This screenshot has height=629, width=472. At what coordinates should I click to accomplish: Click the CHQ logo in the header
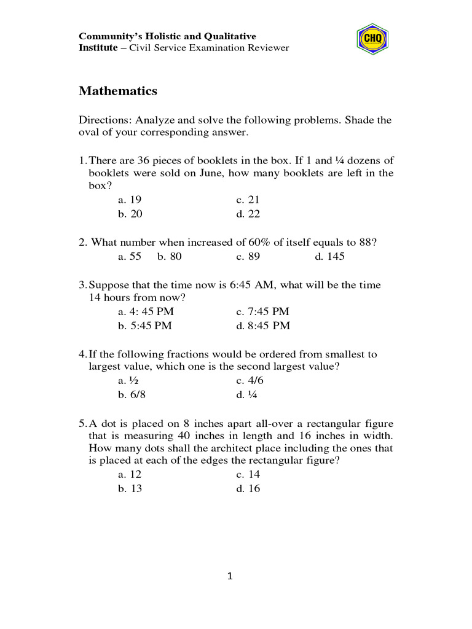372,39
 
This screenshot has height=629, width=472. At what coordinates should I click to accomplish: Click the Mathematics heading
118,91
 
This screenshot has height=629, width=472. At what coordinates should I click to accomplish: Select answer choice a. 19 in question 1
130,200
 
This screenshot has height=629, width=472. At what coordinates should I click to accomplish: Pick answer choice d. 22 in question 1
248,214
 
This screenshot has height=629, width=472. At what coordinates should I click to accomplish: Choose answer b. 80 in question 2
169,257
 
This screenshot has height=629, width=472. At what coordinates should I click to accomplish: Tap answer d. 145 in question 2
329,257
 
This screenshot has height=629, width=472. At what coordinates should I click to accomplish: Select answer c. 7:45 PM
262,311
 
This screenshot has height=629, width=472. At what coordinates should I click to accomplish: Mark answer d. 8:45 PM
262,326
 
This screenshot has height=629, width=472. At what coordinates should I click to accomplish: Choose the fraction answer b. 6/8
132,394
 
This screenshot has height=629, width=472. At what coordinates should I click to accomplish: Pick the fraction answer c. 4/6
250,380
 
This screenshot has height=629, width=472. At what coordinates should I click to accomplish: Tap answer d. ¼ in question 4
246,394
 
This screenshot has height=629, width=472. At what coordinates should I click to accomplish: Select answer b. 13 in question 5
130,489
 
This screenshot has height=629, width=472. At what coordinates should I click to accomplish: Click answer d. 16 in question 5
248,489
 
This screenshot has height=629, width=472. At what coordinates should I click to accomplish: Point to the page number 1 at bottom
230,576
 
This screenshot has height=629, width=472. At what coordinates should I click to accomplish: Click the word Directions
105,120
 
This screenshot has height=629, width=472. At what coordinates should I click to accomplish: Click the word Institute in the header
98,48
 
